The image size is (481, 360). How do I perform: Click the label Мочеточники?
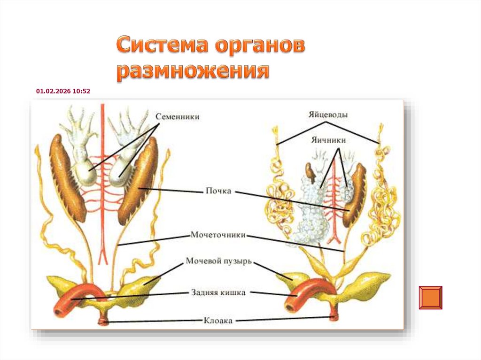coord(218,235)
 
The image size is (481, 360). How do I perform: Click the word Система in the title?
coord(162,46)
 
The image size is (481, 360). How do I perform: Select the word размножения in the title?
coord(193,72)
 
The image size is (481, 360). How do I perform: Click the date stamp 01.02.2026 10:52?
coord(63,92)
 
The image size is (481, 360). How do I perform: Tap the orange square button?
coord(430,298)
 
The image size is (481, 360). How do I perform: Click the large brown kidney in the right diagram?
coord(355,195)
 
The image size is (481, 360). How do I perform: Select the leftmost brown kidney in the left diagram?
coord(67,178)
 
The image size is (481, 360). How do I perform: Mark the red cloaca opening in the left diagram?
coord(103,322)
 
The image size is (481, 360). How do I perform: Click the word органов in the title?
coord(259,46)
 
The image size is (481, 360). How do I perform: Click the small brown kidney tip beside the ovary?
coord(310,172)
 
